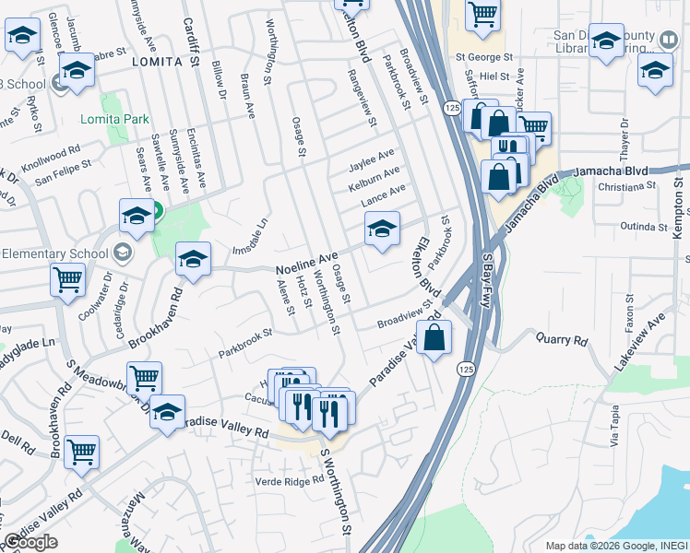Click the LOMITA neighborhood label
click(153, 62)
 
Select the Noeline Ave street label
click(307, 263)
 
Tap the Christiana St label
click(625, 185)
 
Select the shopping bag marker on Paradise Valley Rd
click(434, 337)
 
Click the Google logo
click(30, 542)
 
